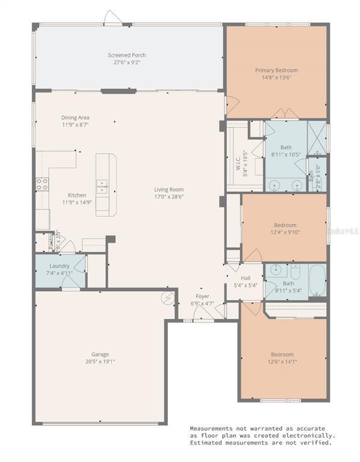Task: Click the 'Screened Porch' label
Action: [x=126, y=55]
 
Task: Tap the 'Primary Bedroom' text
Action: [x=276, y=70]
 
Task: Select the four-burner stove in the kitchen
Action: [x=42, y=185]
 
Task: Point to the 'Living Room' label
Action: [x=167, y=189]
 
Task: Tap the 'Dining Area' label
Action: [x=75, y=117]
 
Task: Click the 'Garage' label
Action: [x=100, y=354]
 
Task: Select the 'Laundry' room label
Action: [x=60, y=266]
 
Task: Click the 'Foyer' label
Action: [x=202, y=297]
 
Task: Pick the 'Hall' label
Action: [x=245, y=278]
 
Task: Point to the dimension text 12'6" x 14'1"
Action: [x=282, y=362]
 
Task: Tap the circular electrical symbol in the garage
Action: [x=168, y=297]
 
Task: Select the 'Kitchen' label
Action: [x=76, y=195]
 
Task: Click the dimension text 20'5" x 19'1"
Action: [x=100, y=362]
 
